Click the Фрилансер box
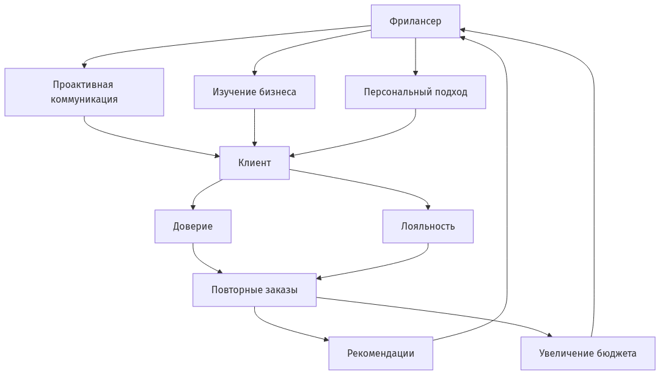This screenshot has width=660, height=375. click(415, 21)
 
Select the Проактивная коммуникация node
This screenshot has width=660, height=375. click(84, 92)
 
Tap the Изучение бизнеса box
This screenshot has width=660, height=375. click(254, 92)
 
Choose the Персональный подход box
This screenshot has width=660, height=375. click(415, 92)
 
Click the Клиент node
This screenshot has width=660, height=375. click(254, 163)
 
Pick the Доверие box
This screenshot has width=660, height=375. click(193, 227)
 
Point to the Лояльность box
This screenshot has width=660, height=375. click(428, 227)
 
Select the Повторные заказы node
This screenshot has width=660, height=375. click(254, 290)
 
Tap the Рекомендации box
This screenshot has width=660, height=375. click(380, 354)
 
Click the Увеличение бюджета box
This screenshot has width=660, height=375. click(587, 354)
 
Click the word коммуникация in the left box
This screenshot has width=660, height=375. click(84, 100)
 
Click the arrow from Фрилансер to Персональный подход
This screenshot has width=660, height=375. click(415, 56)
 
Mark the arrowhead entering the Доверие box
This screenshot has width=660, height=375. click(193, 208)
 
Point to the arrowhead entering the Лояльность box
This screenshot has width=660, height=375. click(428, 207)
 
